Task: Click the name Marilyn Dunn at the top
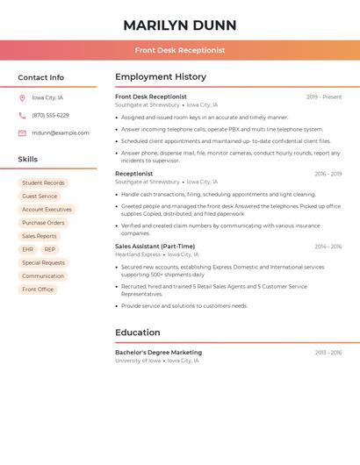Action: tap(180, 25)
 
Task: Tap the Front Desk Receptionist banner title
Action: tap(180, 51)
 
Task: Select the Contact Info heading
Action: tap(41, 77)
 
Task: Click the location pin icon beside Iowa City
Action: tap(22, 97)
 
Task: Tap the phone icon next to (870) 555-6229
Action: tap(22, 115)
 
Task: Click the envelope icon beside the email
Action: tap(22, 132)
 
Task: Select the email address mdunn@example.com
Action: tap(61, 132)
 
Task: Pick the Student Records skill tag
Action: tap(43, 182)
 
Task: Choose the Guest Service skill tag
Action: tap(40, 197)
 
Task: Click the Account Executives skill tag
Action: tap(47, 210)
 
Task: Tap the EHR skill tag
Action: tap(28, 249)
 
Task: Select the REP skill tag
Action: tap(49, 249)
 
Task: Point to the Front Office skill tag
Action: tap(38, 289)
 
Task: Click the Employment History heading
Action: tap(161, 77)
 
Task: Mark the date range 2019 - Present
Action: tap(324, 97)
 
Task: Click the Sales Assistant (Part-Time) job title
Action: tap(155, 247)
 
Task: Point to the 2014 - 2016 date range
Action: tap(328, 247)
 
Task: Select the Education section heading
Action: tap(138, 333)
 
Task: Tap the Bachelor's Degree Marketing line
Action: tap(158, 352)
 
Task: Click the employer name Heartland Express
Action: tap(138, 254)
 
